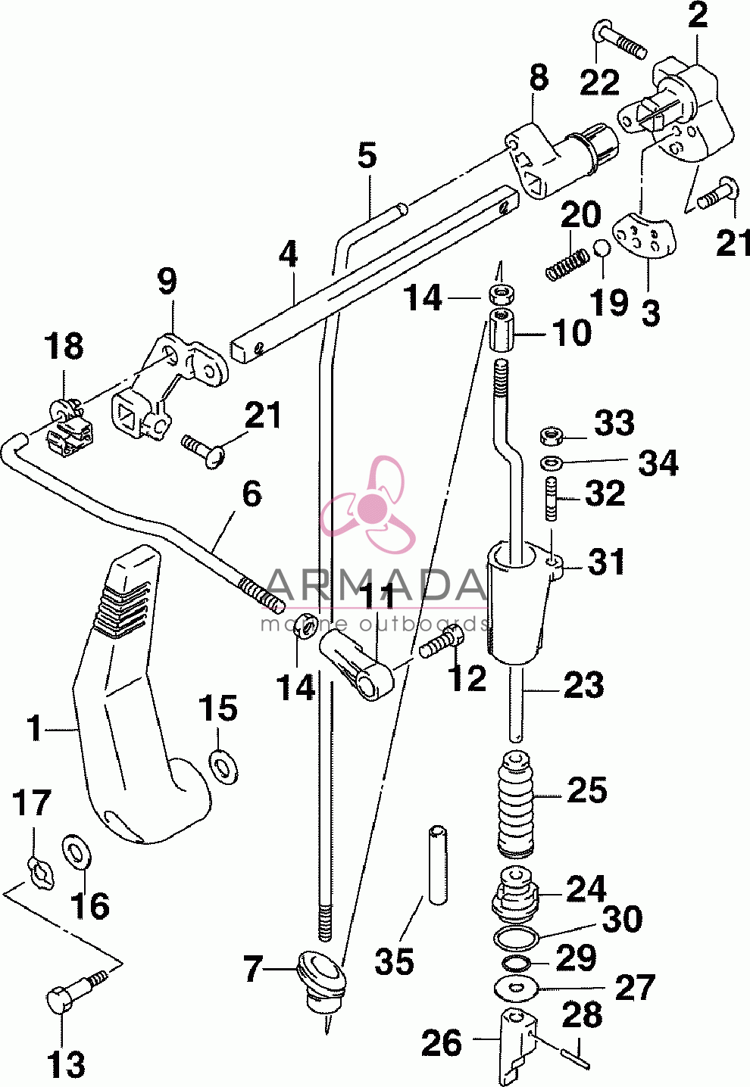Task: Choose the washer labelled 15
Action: point(223,766)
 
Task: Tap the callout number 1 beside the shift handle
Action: point(34,727)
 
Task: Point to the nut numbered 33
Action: point(551,434)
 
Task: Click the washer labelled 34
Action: point(550,463)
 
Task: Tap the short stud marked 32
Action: point(551,498)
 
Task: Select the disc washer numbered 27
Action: point(517,988)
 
